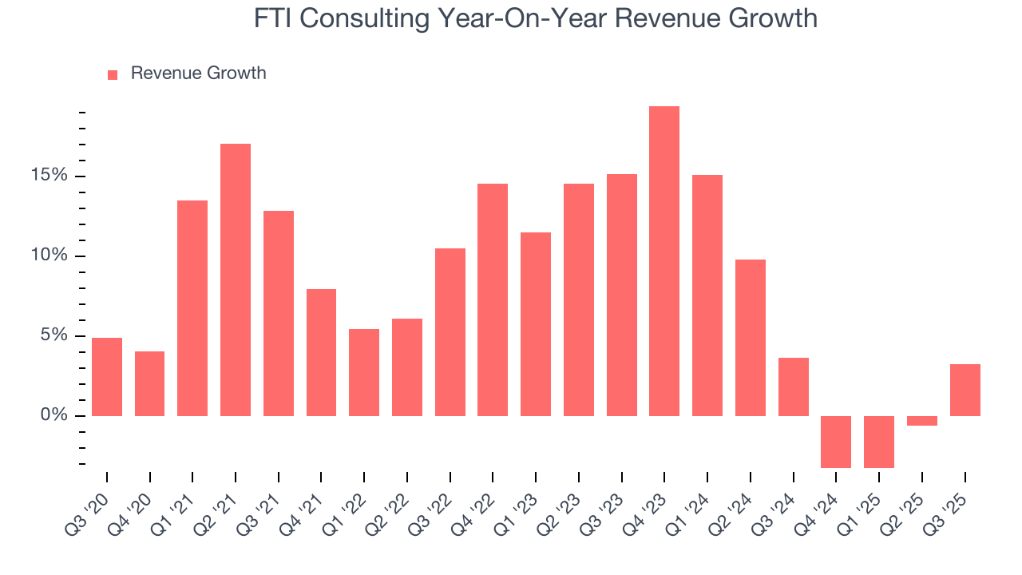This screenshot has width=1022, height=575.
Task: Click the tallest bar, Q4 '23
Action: [664, 261]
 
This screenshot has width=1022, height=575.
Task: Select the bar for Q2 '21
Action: [235, 280]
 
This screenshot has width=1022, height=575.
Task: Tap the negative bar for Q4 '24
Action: [836, 442]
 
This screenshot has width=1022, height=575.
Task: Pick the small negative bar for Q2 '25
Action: [921, 421]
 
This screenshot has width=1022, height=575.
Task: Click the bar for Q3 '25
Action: [965, 390]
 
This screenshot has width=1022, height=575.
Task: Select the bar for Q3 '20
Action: [106, 377]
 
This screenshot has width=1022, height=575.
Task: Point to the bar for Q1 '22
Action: [363, 372]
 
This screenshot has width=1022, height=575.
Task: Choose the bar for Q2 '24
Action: [750, 338]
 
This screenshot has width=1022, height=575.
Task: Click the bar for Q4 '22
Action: [492, 299]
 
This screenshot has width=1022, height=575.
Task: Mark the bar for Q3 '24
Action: [793, 387]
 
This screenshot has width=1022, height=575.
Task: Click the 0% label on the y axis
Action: [56, 415]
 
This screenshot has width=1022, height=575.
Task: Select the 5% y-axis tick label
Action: [56, 335]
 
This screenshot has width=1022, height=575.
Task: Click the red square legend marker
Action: [113, 75]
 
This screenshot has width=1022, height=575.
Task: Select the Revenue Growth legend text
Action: [198, 73]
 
